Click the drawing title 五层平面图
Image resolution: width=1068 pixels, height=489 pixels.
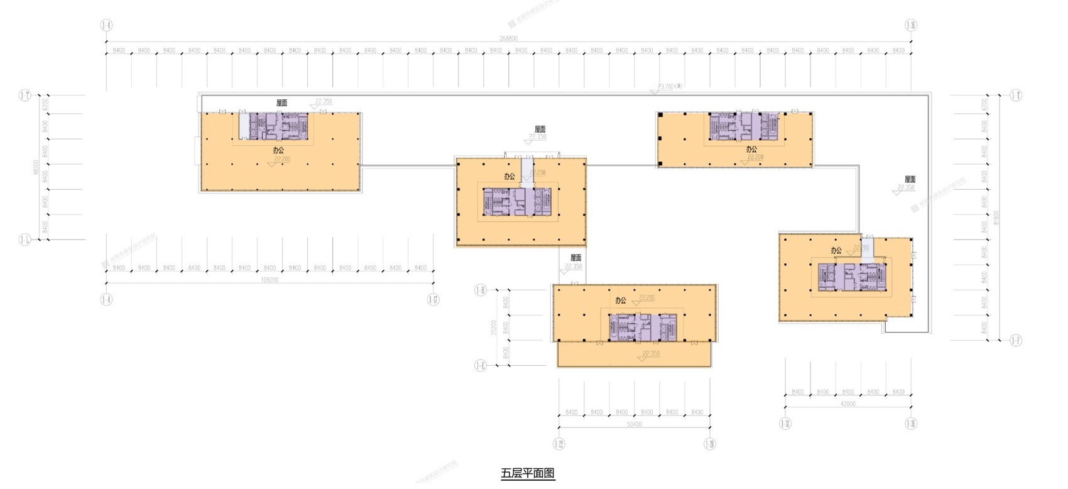click(x=528, y=473)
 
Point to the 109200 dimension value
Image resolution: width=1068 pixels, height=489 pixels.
click(x=269, y=280)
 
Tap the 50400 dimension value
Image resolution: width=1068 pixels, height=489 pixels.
click(x=634, y=425)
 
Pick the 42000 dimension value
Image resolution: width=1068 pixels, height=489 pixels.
click(x=847, y=404)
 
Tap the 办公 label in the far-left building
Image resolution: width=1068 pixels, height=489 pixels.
click(x=278, y=151)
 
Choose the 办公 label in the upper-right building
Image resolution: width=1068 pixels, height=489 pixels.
click(x=751, y=150)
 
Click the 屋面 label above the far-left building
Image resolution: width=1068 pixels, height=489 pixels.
click(x=281, y=102)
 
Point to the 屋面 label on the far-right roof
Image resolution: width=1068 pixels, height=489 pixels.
click(x=910, y=179)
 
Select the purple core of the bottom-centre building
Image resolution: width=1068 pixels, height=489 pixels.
click(x=641, y=327)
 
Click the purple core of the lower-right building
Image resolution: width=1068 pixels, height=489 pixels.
click(x=851, y=277)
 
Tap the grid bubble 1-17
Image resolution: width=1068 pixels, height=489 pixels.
click(x=433, y=300)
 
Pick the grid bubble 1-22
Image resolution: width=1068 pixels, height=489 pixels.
click(x=559, y=444)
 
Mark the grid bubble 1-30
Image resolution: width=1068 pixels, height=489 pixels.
click(x=785, y=424)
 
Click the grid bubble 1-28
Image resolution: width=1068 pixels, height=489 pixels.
click(x=709, y=444)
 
